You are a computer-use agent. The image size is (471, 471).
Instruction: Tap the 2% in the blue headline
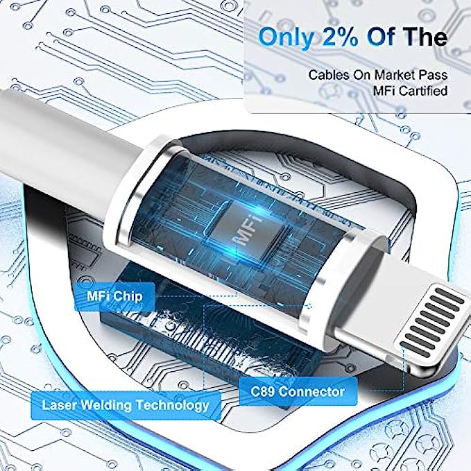click(x=341, y=37)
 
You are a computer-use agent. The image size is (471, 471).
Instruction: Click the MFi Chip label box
click(x=114, y=297)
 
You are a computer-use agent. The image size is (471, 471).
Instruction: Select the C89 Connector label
click(x=298, y=392)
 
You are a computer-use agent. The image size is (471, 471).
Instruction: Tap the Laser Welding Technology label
click(x=126, y=405)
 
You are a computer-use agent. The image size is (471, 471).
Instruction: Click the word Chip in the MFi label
click(x=128, y=297)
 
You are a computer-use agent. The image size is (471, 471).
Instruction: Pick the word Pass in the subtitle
click(x=434, y=75)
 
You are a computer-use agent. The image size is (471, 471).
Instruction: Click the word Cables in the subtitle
click(x=329, y=75)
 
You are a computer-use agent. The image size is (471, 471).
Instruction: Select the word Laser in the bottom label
click(x=60, y=405)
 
